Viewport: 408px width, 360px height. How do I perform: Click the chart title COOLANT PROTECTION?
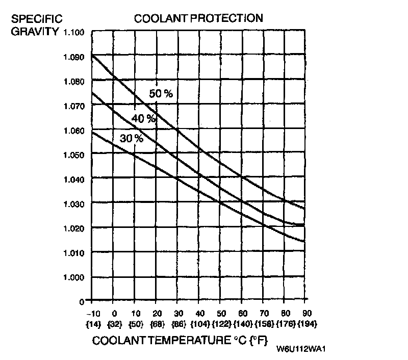(198, 19)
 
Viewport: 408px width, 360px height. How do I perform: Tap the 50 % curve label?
(161, 93)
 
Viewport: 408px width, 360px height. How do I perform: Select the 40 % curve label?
(143, 118)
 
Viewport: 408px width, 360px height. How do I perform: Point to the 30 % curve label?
(131, 138)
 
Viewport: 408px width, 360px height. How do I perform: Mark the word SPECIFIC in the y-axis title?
(37, 19)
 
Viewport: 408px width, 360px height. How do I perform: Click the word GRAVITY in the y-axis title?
(35, 32)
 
